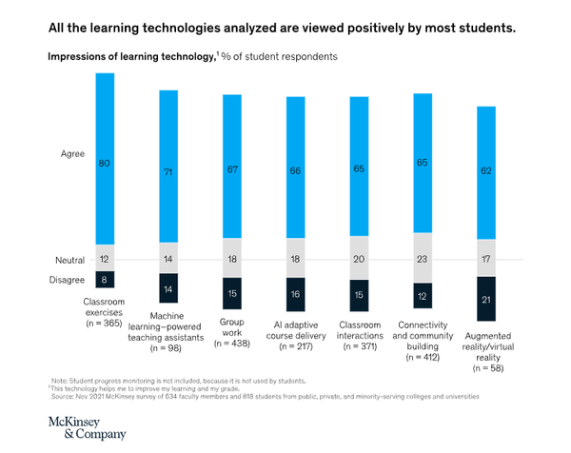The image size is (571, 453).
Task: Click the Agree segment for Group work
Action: pos(231,170)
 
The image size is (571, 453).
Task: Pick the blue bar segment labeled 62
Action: pos(484,172)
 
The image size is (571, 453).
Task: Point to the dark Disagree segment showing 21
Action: pos(484,299)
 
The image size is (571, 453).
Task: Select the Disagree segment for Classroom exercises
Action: pos(106,280)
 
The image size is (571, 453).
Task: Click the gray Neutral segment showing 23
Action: pos(422,259)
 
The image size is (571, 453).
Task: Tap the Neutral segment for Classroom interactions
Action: pos(359,258)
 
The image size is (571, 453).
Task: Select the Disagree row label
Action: pos(66,279)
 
